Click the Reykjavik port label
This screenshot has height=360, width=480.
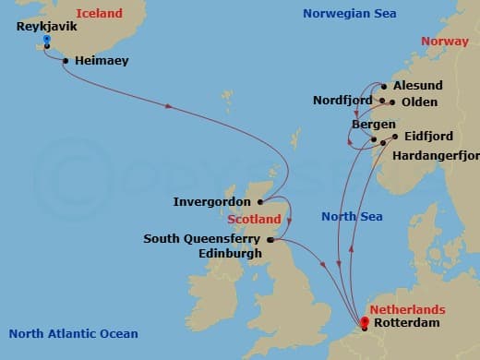pos(45,27)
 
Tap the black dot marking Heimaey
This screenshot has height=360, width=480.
pos(66,61)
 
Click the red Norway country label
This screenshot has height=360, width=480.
pos(444,42)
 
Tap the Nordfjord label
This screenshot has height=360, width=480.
pos(342,101)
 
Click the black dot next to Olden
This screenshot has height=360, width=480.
pos(392,102)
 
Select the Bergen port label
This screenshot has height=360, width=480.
pos(374,124)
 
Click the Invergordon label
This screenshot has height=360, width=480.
pos(214,201)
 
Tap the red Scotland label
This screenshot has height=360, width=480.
pos(254,220)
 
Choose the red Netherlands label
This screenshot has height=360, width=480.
pos(407,309)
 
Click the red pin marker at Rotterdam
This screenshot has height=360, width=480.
pos(366,321)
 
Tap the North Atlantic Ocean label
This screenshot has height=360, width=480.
pos(73,334)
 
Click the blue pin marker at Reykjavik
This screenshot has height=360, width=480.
pos(47,40)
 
